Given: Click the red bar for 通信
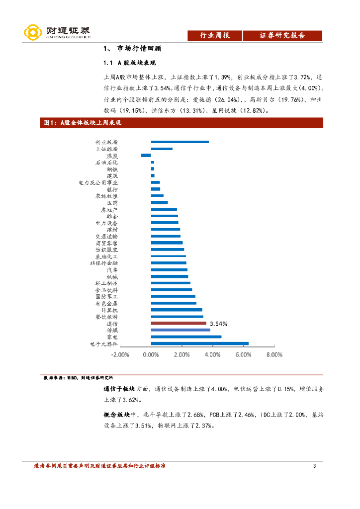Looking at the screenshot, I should [179, 323].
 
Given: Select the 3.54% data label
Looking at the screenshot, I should [218, 323].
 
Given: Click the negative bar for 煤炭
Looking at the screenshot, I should [146, 155].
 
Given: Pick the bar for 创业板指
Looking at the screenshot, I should [180, 142].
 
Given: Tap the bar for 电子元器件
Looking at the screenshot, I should [199, 343].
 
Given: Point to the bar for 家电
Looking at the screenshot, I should [186, 337].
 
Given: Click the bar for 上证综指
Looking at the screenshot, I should [162, 149].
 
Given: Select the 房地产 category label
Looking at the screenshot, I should [109, 209].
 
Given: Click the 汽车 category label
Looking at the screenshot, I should [112, 269].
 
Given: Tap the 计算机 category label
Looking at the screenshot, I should [109, 310].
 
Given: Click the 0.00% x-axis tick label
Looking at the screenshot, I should [151, 355].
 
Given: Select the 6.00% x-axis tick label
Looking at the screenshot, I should [243, 355].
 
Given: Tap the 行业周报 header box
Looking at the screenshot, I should [214, 35].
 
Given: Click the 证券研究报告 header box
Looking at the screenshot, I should [282, 35].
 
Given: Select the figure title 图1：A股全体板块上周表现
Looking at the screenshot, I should [83, 123].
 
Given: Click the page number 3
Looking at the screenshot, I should [314, 466].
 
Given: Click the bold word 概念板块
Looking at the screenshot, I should [116, 414].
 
